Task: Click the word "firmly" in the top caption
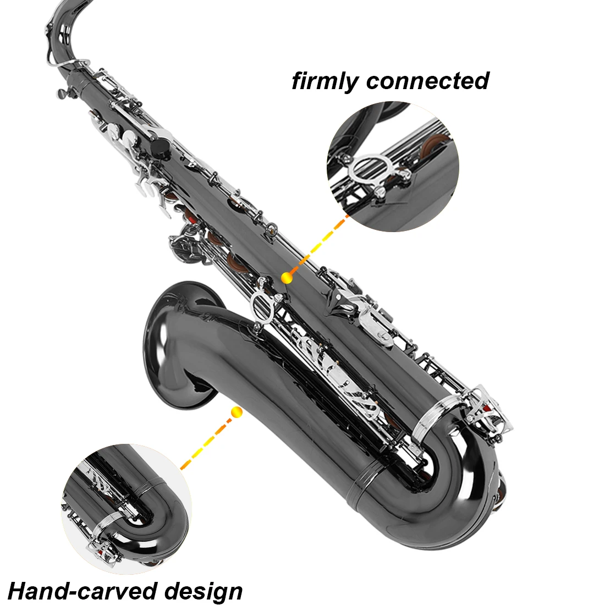(x=325, y=81)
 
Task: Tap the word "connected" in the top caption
(x=427, y=81)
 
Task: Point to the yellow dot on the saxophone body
(x=286, y=278)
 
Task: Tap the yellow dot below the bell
(x=237, y=411)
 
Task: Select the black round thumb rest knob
(x=159, y=147)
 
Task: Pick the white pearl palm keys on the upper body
(x=127, y=137)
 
